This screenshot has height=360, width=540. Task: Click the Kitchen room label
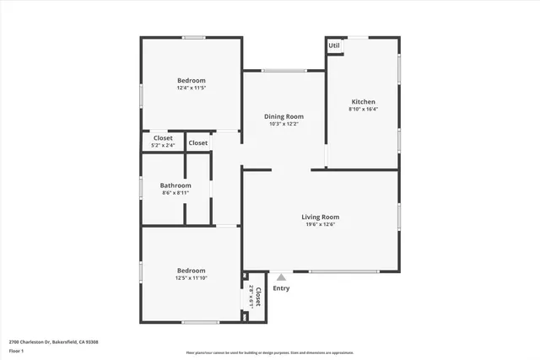(x=363, y=101)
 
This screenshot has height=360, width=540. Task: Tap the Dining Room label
(x=283, y=116)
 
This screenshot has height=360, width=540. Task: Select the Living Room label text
(x=320, y=217)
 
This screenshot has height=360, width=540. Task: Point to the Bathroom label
(x=175, y=185)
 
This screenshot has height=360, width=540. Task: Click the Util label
(x=334, y=46)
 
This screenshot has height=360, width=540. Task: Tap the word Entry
(x=281, y=288)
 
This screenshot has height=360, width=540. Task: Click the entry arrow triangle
(x=281, y=275)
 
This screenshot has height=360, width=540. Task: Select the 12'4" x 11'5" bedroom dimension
(x=191, y=88)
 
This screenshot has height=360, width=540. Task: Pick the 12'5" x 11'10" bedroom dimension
(x=191, y=277)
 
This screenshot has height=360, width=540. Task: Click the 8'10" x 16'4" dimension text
(x=363, y=109)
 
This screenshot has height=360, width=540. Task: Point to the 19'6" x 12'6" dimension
(x=320, y=224)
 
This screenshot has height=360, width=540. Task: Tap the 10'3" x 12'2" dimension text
(x=283, y=124)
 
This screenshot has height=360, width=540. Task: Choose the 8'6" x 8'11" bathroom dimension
(x=175, y=193)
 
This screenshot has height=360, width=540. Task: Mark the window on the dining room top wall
(x=283, y=70)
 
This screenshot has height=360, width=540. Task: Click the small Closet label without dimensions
(x=198, y=143)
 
